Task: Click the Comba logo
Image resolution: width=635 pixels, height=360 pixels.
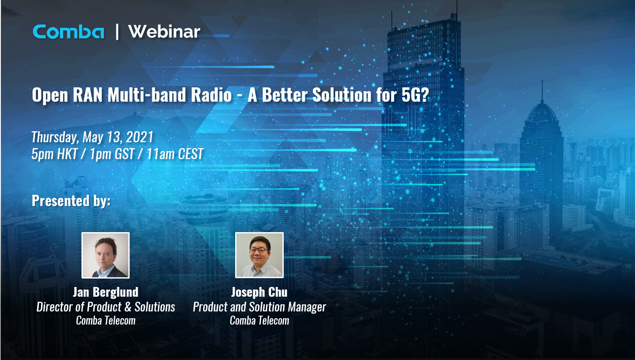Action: [68, 32]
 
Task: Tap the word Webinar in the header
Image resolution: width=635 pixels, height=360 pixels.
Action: [164, 32]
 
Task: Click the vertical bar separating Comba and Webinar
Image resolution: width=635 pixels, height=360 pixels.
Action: [117, 32]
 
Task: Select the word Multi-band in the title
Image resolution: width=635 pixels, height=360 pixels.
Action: [147, 95]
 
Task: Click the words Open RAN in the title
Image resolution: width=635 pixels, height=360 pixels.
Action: [68, 95]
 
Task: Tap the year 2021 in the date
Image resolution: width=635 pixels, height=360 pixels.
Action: [140, 137]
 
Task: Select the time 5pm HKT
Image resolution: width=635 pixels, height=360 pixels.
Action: [54, 154]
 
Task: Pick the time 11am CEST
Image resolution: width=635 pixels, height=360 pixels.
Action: [175, 154]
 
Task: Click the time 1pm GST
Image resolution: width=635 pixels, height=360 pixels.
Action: [112, 154]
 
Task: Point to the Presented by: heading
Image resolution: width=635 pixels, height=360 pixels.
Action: [71, 201]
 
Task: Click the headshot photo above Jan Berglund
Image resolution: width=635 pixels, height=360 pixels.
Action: [106, 255]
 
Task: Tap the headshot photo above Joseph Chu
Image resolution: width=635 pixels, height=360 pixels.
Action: [259, 255]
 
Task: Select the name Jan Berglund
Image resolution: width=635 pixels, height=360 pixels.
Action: [106, 292]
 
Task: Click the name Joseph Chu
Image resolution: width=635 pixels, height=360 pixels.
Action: [259, 292]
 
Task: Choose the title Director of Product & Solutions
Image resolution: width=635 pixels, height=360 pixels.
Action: [106, 307]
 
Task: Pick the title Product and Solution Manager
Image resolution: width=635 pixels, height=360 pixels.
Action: [259, 307]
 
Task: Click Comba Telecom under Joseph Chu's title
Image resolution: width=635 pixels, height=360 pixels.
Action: [259, 321]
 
